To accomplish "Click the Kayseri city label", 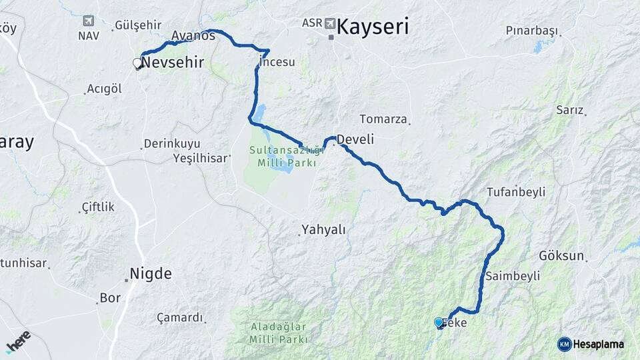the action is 373,27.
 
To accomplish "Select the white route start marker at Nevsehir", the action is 138,63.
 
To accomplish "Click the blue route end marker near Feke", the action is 439,323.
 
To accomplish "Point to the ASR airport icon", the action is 331,23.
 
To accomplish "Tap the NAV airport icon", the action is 89,21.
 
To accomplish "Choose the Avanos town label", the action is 193,35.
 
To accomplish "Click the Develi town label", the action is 355,139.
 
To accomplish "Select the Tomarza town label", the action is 383,119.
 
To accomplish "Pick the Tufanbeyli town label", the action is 516,192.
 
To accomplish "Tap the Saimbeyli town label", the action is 513,275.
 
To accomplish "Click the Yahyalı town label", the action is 323,229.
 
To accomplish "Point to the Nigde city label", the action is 151,273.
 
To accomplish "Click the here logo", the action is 18,341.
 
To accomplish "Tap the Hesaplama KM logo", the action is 591,344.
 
